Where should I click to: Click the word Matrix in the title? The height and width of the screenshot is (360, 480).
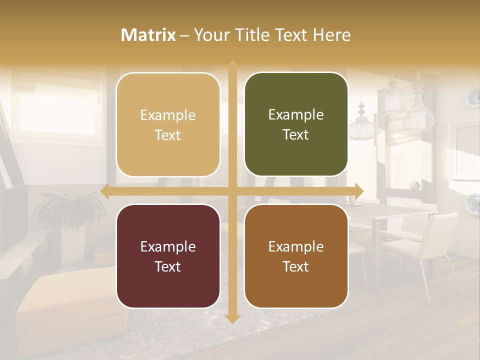(x=148, y=35)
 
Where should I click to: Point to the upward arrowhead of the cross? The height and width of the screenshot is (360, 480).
(x=232, y=64)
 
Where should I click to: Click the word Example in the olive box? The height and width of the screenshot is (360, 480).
(x=296, y=115)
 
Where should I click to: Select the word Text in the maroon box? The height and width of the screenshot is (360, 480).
(x=168, y=266)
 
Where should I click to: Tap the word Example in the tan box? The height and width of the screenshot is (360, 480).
(x=168, y=115)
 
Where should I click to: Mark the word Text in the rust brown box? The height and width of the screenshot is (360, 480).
(x=296, y=266)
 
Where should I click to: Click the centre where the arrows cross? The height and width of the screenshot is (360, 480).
(x=232, y=191)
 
